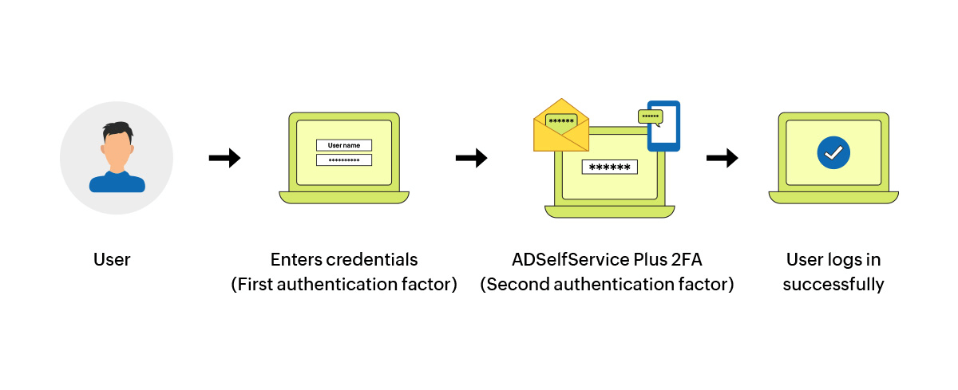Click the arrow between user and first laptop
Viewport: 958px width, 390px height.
point(224,159)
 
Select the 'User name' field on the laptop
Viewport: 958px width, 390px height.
point(344,145)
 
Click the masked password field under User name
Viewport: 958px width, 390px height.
point(344,160)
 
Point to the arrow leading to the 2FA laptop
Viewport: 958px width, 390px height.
point(471,159)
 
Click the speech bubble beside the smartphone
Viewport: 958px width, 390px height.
point(651,116)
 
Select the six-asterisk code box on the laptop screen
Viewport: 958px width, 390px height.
point(610,167)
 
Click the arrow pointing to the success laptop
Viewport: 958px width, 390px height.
point(722,159)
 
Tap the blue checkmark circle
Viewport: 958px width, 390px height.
point(833,152)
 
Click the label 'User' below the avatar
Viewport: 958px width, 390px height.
point(112,260)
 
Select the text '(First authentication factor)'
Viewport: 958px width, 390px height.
point(344,285)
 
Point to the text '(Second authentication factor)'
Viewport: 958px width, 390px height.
point(607,285)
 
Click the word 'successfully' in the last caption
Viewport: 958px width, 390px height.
point(833,285)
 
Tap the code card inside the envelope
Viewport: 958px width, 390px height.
point(561,121)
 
